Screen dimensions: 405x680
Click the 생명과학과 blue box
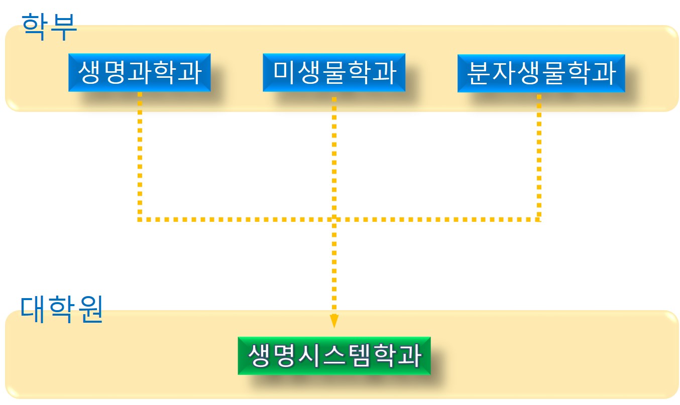coord(139,72)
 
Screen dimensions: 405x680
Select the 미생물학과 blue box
coord(333,72)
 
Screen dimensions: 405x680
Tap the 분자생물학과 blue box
coord(541,73)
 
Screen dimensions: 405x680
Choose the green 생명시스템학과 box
coord(334,355)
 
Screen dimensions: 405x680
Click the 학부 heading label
coord(49,26)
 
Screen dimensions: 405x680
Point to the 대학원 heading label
coord(61,310)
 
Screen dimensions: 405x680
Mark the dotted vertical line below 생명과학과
coord(140,156)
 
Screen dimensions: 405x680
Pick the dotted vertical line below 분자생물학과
coord(539,156)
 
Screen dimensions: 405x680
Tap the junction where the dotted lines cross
coord(334,219)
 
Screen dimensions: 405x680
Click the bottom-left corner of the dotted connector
coord(140,219)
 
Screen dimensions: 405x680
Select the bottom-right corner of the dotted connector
coord(539,219)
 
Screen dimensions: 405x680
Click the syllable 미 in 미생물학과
coord(282,72)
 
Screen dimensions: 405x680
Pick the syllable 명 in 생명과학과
coord(114,72)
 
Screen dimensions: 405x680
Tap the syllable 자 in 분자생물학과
coord(503,73)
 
